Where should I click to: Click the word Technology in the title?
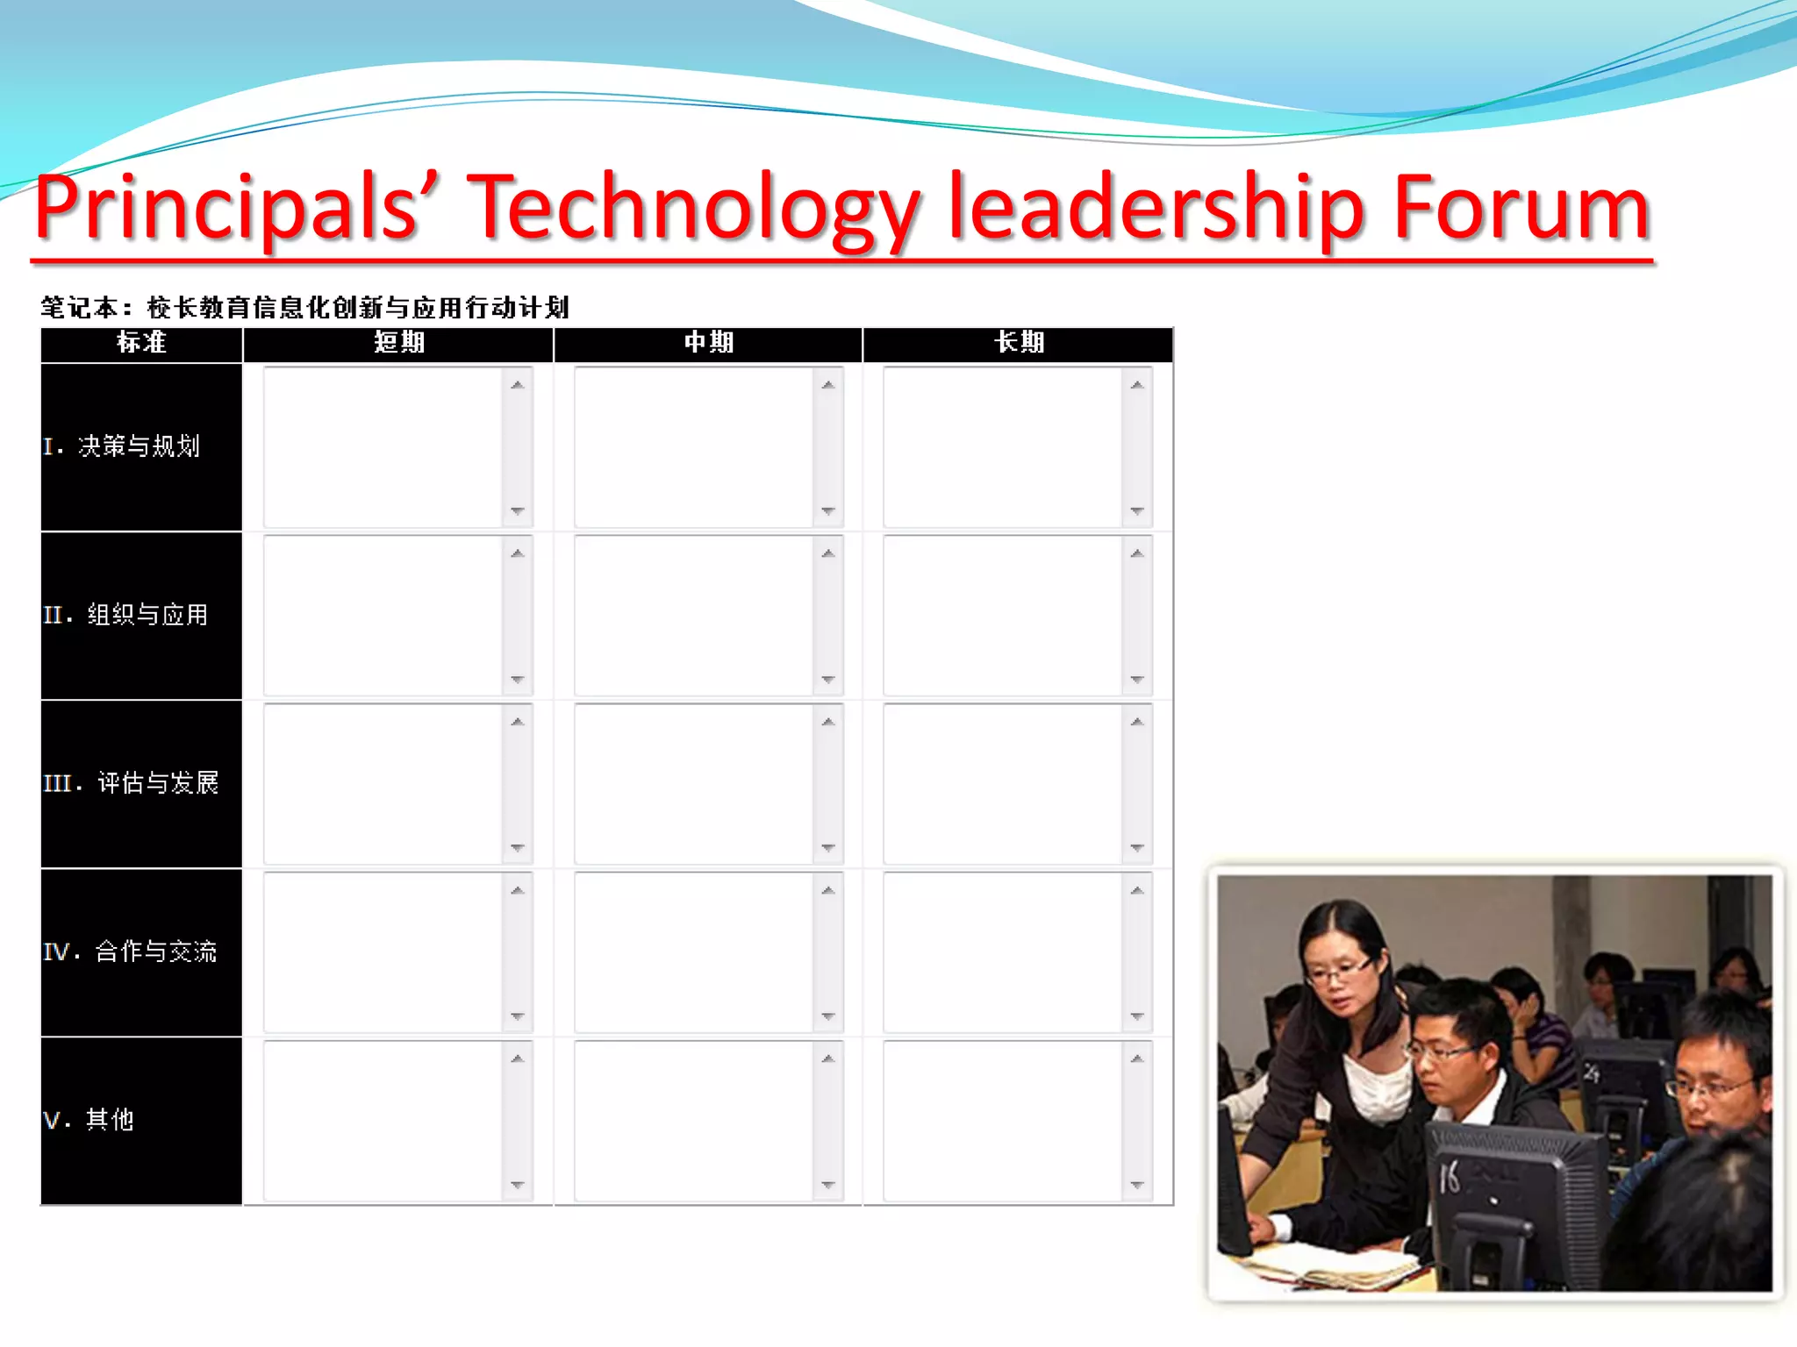(693, 208)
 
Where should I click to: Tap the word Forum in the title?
(1521, 208)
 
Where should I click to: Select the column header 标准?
(141, 343)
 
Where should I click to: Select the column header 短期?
(399, 343)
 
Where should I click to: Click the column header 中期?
(709, 343)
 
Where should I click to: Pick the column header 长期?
(1019, 343)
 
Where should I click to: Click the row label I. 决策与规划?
(122, 446)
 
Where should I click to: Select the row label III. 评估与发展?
(131, 783)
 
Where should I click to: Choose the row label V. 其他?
(89, 1120)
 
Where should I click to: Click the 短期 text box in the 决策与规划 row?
(383, 447)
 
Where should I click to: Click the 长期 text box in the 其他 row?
(1003, 1121)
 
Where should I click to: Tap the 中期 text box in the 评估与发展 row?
(693, 784)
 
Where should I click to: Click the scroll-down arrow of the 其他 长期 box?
(1137, 1185)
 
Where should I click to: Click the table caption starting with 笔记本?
(304, 308)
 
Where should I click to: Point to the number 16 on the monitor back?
(1450, 1177)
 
